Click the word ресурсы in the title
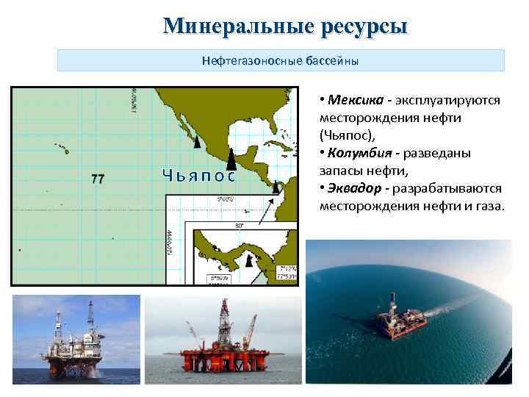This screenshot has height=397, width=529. tap(364, 26)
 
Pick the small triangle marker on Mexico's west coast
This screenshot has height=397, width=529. tap(196, 137)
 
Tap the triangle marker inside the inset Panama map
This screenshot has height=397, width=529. tap(250, 260)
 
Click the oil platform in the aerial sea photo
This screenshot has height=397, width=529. tap(400, 321)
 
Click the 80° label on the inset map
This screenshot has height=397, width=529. tap(239, 225)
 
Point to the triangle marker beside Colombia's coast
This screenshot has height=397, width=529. tap(276, 188)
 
